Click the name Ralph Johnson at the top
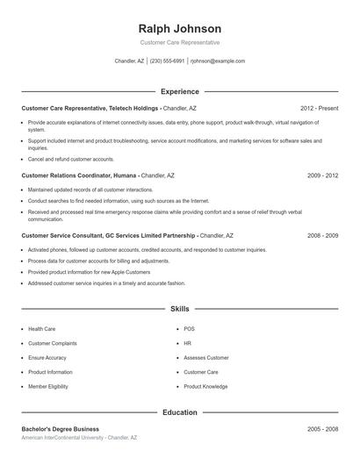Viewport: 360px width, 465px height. point(180,28)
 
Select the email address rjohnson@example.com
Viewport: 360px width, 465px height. point(218,61)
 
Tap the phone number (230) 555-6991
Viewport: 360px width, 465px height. point(167,61)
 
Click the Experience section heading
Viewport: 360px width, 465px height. point(180,91)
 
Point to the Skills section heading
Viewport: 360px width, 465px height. point(180,309)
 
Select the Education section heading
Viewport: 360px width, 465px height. point(180,412)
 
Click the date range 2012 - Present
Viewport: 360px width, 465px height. point(319,108)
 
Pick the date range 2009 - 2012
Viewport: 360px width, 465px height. point(322,175)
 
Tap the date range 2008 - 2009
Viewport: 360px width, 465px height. point(322,235)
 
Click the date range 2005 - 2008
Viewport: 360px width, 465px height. point(322,429)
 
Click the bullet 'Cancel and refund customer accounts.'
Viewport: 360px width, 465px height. point(71,160)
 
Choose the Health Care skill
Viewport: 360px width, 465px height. point(41,329)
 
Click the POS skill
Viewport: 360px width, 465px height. point(189,329)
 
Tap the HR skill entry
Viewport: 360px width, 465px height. point(188,343)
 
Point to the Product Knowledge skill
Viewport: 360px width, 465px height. point(205,386)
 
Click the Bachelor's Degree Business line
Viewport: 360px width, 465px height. point(60,429)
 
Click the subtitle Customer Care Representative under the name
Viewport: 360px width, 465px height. point(180,42)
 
